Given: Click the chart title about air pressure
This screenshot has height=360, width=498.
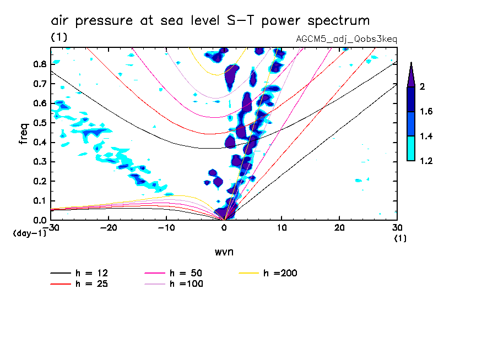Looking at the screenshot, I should [210, 21].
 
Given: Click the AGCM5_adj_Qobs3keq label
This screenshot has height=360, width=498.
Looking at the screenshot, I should [347, 40].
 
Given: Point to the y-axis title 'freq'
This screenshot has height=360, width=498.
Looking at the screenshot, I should [23, 134].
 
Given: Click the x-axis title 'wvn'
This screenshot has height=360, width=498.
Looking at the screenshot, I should [224, 252].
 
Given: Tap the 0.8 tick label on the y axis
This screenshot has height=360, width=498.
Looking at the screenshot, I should [39, 64].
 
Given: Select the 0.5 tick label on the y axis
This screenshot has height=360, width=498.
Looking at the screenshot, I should [39, 123].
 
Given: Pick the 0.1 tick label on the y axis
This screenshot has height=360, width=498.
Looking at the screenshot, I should [39, 201].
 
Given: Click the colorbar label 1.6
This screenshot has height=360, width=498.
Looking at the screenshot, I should [426, 112].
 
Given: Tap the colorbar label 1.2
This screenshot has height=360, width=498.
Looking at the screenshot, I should [426, 161].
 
